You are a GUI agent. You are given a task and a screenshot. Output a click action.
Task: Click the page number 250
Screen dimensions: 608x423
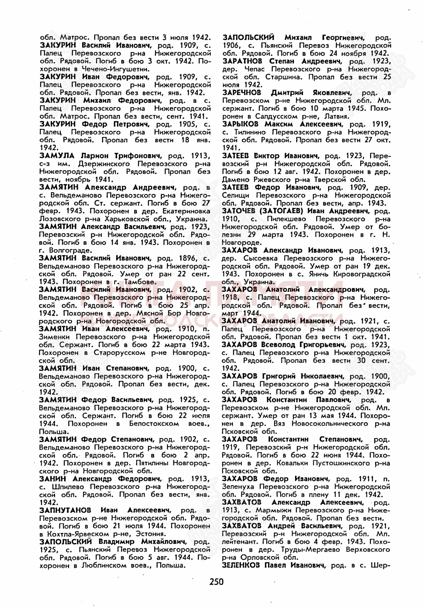216,582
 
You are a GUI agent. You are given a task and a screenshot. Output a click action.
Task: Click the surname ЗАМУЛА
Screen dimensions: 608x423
57,156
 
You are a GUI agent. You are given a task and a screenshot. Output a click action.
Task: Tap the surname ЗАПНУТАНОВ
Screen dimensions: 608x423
65,510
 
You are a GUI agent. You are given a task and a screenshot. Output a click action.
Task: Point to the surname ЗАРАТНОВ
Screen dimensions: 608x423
242,61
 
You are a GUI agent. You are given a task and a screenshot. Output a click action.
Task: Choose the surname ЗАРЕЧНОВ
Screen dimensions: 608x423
242,93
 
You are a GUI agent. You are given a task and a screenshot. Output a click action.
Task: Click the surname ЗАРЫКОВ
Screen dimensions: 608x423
240,124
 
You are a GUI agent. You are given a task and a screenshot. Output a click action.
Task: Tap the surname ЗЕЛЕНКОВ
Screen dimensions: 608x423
241,566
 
